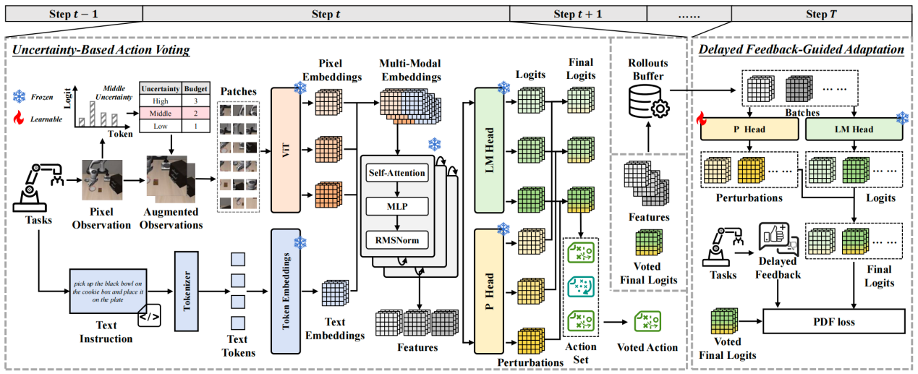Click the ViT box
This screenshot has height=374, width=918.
tap(284, 150)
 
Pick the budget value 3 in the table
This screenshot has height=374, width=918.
tap(195, 101)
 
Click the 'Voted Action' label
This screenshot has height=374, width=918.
tap(647, 347)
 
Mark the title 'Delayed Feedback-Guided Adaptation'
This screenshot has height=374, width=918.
tap(802, 50)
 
